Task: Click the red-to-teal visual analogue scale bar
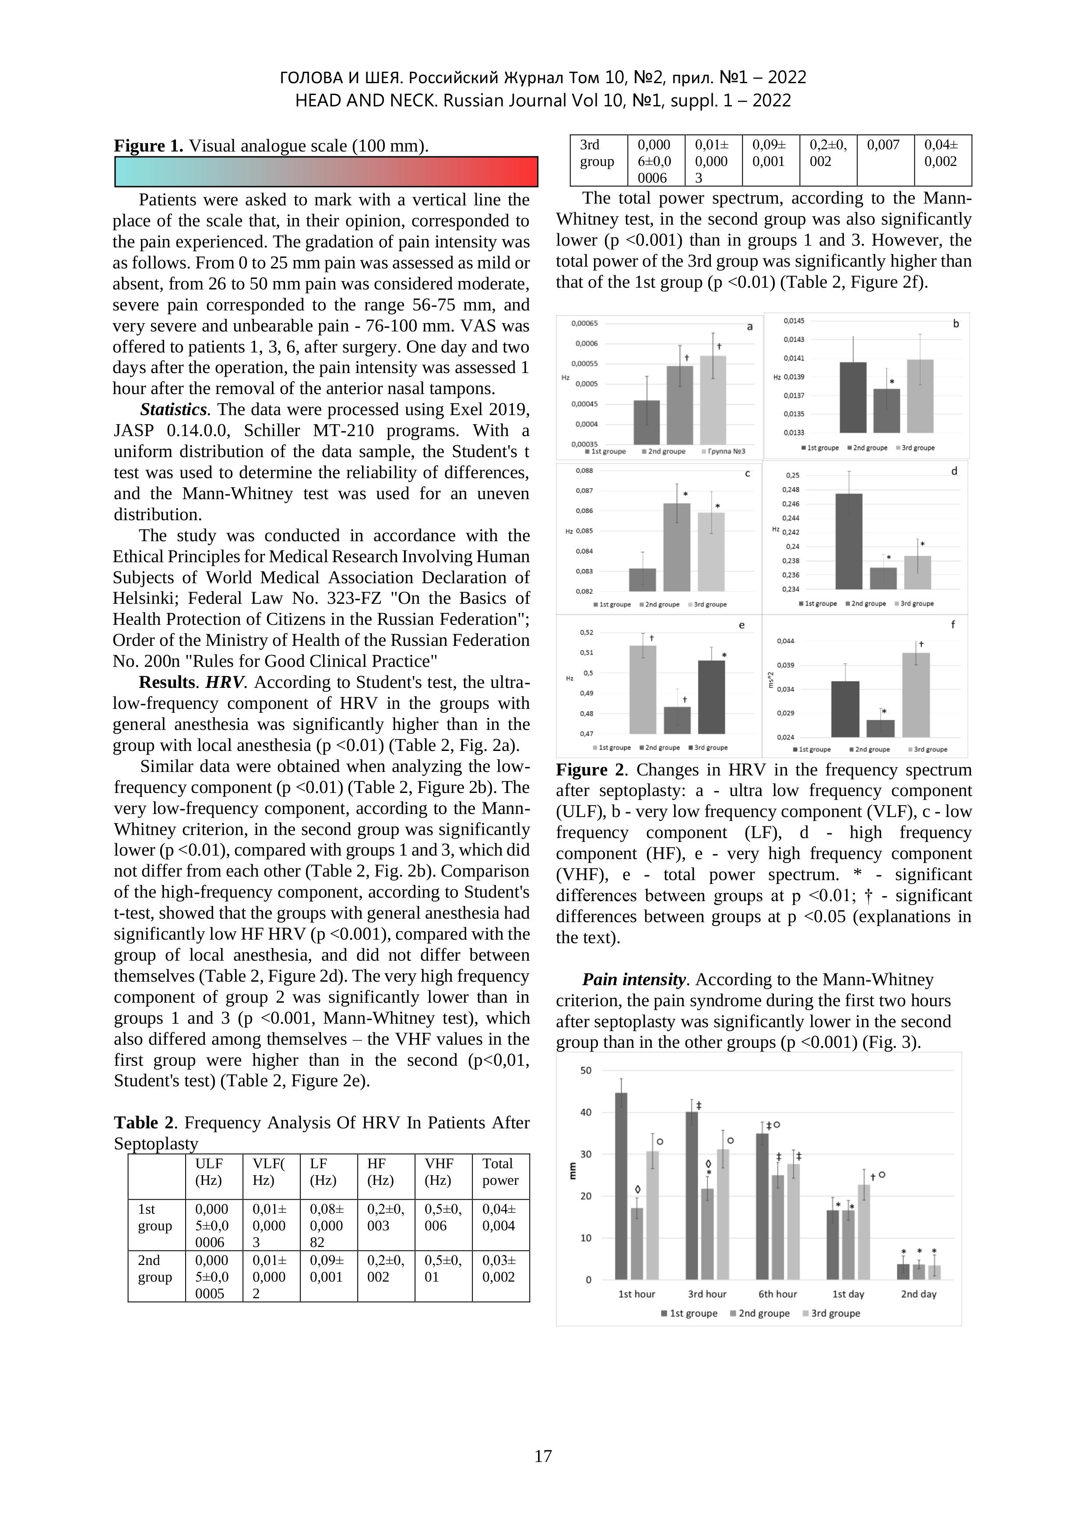(x=327, y=172)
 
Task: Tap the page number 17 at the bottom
(x=542, y=1456)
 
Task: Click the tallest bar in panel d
(x=849, y=541)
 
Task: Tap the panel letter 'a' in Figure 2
(x=750, y=327)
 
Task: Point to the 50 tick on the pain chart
(x=586, y=1071)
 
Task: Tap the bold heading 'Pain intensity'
(x=634, y=980)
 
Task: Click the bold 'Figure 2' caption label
(x=591, y=770)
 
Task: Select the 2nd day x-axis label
(x=918, y=1294)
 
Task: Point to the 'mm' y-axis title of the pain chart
(x=573, y=1171)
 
